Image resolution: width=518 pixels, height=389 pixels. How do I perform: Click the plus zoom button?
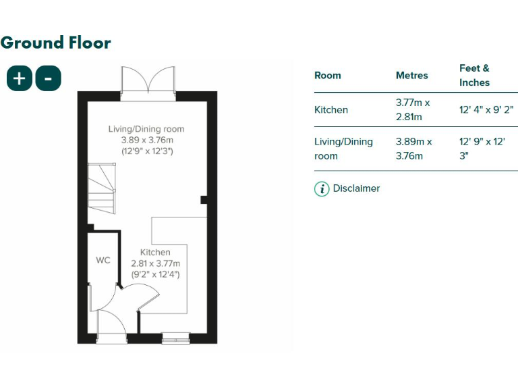coord(20,78)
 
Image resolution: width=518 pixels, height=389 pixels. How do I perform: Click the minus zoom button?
coord(48,78)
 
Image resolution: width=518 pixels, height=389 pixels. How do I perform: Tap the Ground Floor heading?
coord(56,43)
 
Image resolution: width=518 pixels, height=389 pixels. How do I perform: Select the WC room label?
coord(103,260)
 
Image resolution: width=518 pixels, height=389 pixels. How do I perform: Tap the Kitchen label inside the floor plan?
coord(155,253)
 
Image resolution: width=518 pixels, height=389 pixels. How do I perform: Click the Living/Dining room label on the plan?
coord(146,129)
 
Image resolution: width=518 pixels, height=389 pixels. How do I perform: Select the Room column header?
coord(328,76)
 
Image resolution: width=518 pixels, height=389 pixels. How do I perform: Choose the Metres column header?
coord(411,76)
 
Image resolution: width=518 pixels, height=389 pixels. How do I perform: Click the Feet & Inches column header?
coord(474,75)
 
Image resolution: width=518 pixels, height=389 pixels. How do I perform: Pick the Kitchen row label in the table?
coord(331,109)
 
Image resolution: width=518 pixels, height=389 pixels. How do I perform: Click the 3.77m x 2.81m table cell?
coord(413,109)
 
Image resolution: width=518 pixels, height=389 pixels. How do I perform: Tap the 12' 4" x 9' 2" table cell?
coord(486,109)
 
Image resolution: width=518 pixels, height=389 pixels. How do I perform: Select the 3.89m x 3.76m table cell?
coord(413,149)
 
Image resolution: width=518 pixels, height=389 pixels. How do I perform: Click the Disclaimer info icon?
coord(322,189)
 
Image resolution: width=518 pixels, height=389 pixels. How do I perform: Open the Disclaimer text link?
coord(356,188)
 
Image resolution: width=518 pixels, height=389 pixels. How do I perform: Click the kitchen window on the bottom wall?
coord(176,338)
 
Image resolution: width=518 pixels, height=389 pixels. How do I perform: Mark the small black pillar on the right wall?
coord(204,199)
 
